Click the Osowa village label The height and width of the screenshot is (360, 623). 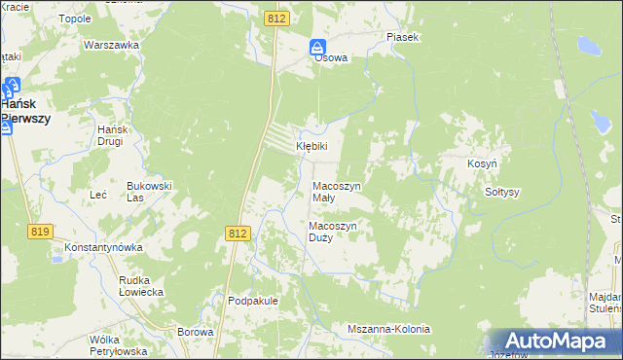(330, 57)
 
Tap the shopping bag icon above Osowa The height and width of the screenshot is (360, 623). (318, 45)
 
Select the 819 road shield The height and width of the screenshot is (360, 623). (40, 231)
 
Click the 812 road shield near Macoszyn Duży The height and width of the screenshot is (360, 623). (238, 234)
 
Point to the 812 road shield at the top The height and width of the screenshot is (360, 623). (276, 18)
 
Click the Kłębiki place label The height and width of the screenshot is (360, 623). (312, 146)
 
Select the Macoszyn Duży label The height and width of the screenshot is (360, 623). (334, 232)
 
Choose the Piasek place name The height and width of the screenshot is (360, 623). (402, 37)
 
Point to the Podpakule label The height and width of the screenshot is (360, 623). (253, 301)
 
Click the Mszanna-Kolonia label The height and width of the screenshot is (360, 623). (388, 330)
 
